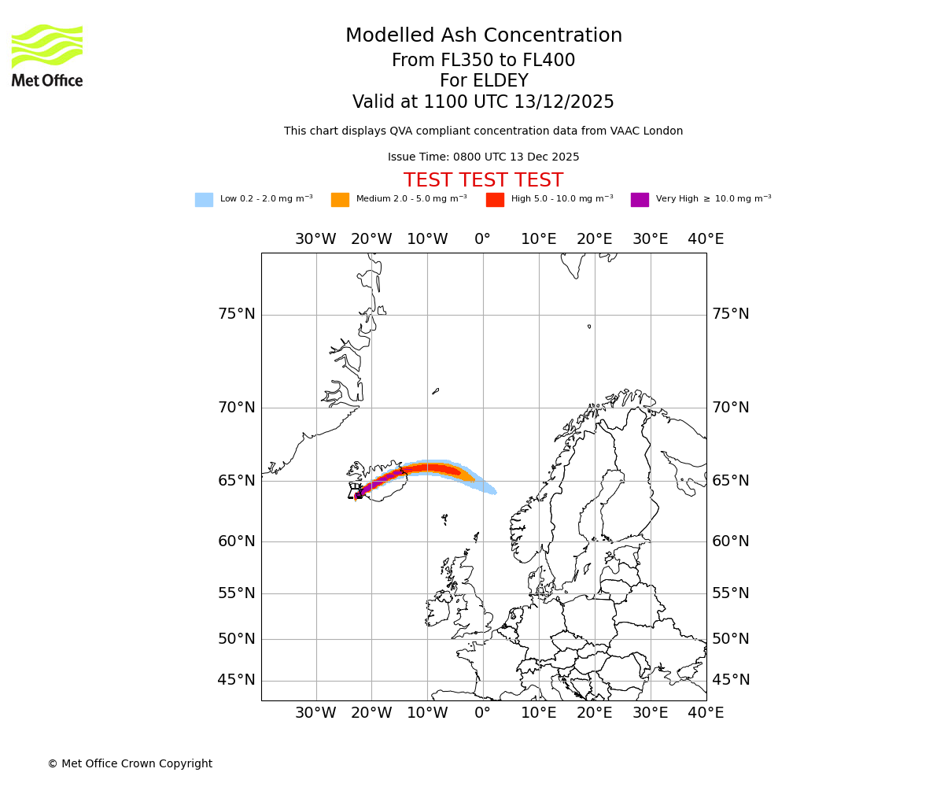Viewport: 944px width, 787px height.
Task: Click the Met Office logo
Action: (x=47, y=55)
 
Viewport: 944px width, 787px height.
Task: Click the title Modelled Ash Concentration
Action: (x=484, y=35)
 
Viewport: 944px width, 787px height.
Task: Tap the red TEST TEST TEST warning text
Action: (x=483, y=180)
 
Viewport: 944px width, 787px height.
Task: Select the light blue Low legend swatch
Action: (x=204, y=199)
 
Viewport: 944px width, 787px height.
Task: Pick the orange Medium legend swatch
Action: (x=340, y=199)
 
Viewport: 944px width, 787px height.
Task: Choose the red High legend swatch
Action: (x=495, y=199)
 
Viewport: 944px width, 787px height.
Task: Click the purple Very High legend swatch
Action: (x=640, y=199)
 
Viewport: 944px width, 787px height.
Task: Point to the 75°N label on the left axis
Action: (x=236, y=314)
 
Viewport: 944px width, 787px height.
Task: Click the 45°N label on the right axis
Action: (x=731, y=680)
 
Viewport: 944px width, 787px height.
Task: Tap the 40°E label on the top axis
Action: (x=706, y=239)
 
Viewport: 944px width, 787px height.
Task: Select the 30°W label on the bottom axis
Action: (x=315, y=713)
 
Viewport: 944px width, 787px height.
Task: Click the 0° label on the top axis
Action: (x=482, y=239)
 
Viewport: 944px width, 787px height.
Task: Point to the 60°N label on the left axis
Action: (x=236, y=541)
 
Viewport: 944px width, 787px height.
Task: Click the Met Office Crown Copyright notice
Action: (x=130, y=763)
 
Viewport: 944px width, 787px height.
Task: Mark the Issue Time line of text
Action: (x=483, y=157)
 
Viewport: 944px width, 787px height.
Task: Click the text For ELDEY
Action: (x=484, y=81)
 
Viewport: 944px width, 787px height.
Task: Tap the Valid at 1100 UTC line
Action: (x=483, y=102)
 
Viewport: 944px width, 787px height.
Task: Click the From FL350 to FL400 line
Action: (x=483, y=61)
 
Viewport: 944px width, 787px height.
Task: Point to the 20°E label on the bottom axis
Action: (x=594, y=713)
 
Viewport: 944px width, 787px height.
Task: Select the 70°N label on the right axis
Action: (x=731, y=408)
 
